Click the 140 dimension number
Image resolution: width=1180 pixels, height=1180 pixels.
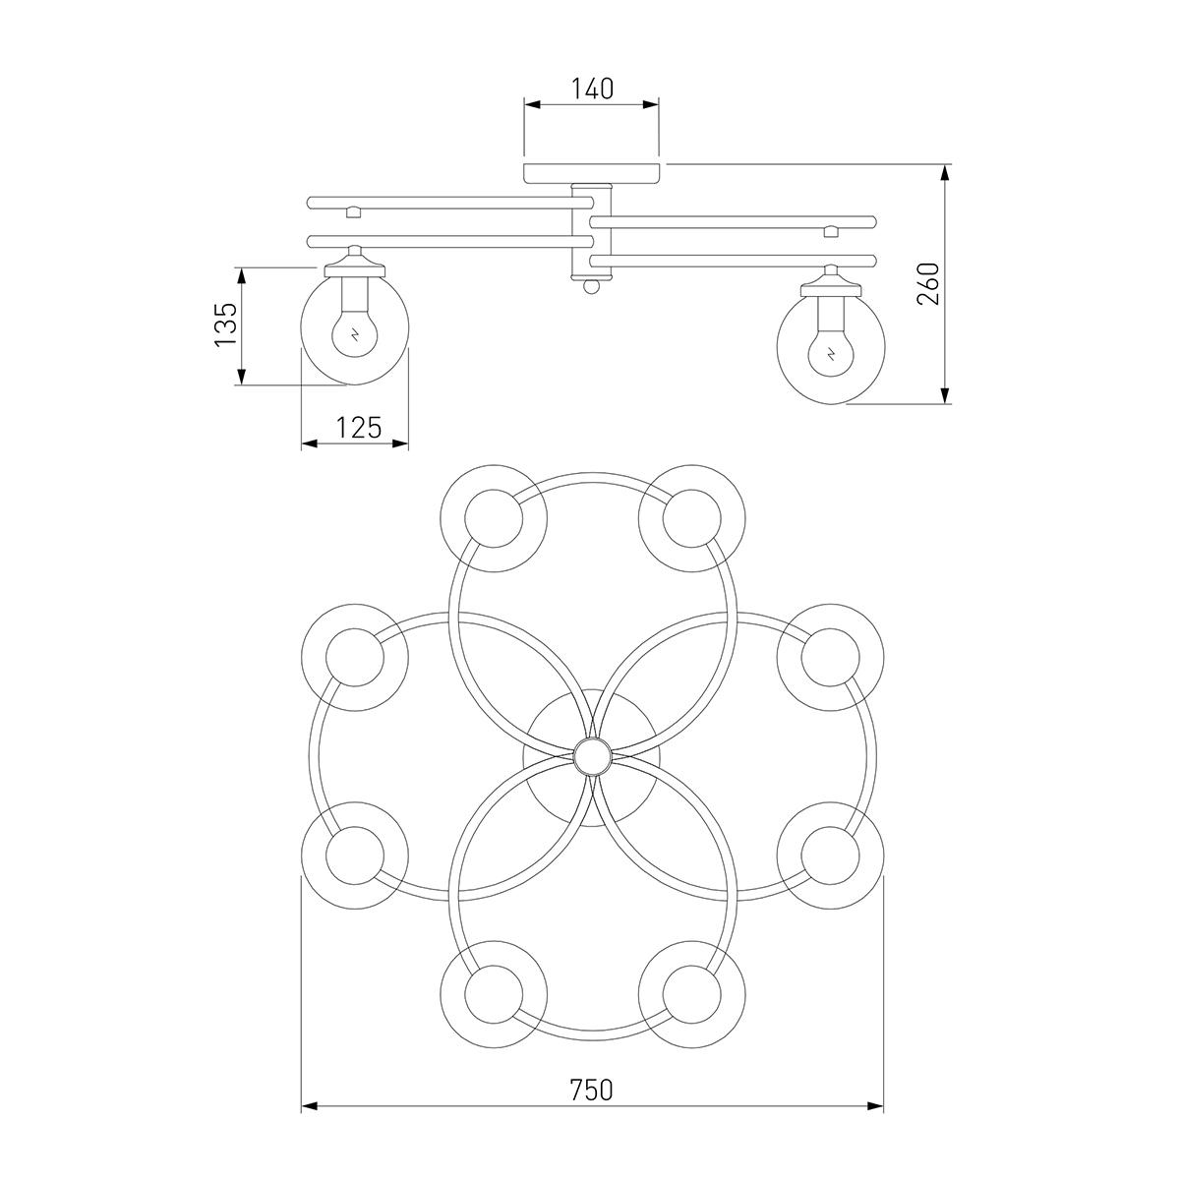click(x=592, y=88)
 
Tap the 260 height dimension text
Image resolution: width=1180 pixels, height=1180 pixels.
click(x=928, y=283)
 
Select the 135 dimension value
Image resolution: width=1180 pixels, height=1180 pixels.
click(x=226, y=324)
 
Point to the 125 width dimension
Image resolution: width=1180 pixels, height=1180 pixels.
click(x=359, y=428)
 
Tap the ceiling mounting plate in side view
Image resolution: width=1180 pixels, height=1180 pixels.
click(x=592, y=173)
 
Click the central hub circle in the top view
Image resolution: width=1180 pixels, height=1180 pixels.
click(x=592, y=757)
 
